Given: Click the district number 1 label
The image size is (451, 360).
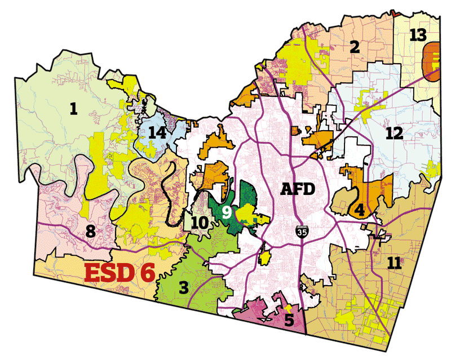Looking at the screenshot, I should pyautogui.click(x=73, y=109).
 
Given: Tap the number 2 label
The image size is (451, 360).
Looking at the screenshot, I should pyautogui.click(x=354, y=47).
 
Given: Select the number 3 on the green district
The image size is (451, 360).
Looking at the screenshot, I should pyautogui.click(x=183, y=288).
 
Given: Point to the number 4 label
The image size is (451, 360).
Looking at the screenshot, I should pyautogui.click(x=359, y=210).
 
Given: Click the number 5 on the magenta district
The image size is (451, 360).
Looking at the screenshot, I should pyautogui.click(x=289, y=321).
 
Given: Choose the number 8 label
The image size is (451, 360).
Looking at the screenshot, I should pyautogui.click(x=90, y=230).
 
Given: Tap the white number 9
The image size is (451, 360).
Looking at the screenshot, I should pyautogui.click(x=226, y=212).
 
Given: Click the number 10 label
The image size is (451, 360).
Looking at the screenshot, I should pyautogui.click(x=199, y=223).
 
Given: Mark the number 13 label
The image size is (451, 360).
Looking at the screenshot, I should pyautogui.click(x=418, y=35).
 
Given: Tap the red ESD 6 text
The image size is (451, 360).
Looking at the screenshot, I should pyautogui.click(x=120, y=272).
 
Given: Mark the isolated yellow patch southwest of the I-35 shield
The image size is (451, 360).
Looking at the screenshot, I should pyautogui.click(x=264, y=258).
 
